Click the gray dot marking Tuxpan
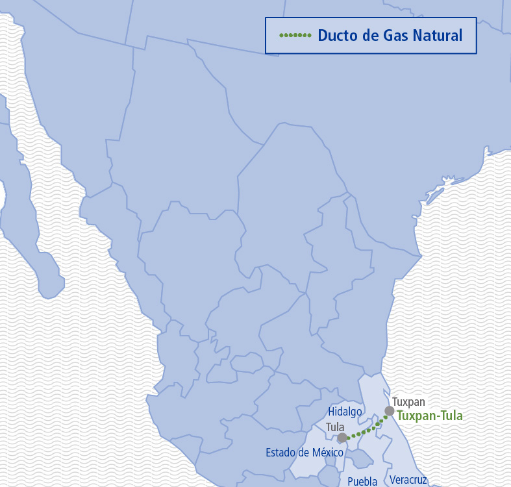[x=390, y=410]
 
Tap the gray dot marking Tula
[x=342, y=438]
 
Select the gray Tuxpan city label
[x=408, y=402]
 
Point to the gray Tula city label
[x=335, y=427]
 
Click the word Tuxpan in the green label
[x=414, y=416]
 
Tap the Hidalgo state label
[x=345, y=412]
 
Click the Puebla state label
[x=362, y=481]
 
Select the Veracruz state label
[x=408, y=480]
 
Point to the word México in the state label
[x=327, y=452]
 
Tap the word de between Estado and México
[x=304, y=452]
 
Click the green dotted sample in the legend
[x=295, y=35]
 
